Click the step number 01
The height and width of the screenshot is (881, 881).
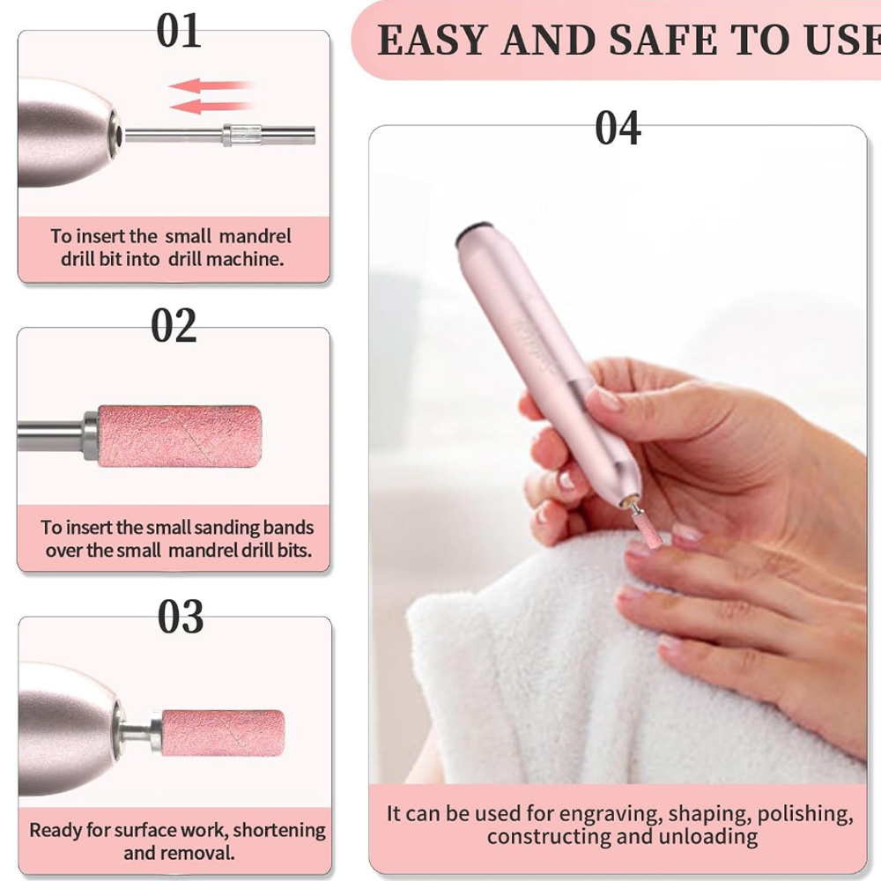coord(178,32)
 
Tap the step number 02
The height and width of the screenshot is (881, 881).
coord(174,326)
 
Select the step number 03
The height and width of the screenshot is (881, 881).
coord(181,617)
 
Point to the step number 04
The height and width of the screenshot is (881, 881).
coord(618,129)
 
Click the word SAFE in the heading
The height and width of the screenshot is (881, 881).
coord(663,41)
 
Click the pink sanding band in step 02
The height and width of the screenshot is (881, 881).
coord(179,436)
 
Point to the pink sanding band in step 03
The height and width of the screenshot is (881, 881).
coord(223,733)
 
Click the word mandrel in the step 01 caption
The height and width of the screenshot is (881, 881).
coord(255,236)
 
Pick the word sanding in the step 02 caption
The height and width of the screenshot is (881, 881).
coord(226,528)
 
